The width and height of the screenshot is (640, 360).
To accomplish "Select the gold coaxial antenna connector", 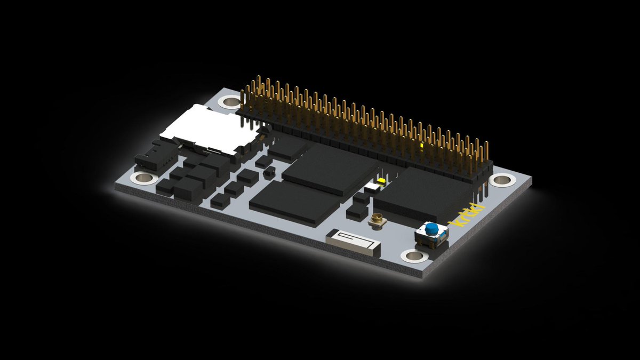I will pyautogui.click(x=378, y=219).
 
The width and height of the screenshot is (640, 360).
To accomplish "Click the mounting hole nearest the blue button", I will pyautogui.click(x=415, y=257).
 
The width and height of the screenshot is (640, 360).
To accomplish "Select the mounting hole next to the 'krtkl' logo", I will pyautogui.click(x=501, y=180).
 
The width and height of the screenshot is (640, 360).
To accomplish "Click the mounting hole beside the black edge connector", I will pyautogui.click(x=143, y=178).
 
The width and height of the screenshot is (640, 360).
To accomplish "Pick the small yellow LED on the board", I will pyautogui.click(x=381, y=181).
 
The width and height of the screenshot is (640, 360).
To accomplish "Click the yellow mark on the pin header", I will pyautogui.click(x=422, y=145).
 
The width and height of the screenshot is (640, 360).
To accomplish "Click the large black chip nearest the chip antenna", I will pyautogui.click(x=294, y=203).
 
